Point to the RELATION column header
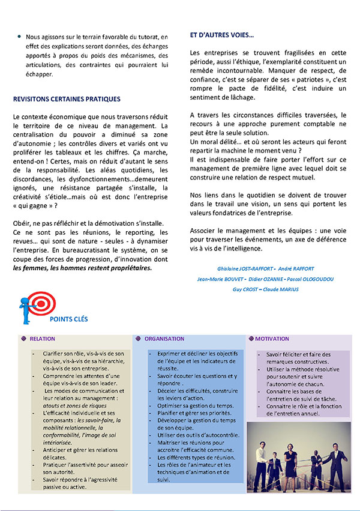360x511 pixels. [x=43, y=339]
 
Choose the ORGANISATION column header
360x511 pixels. [x=164, y=339]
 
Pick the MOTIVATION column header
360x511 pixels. [x=272, y=339]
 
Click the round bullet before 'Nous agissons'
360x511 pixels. [x=19, y=37]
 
